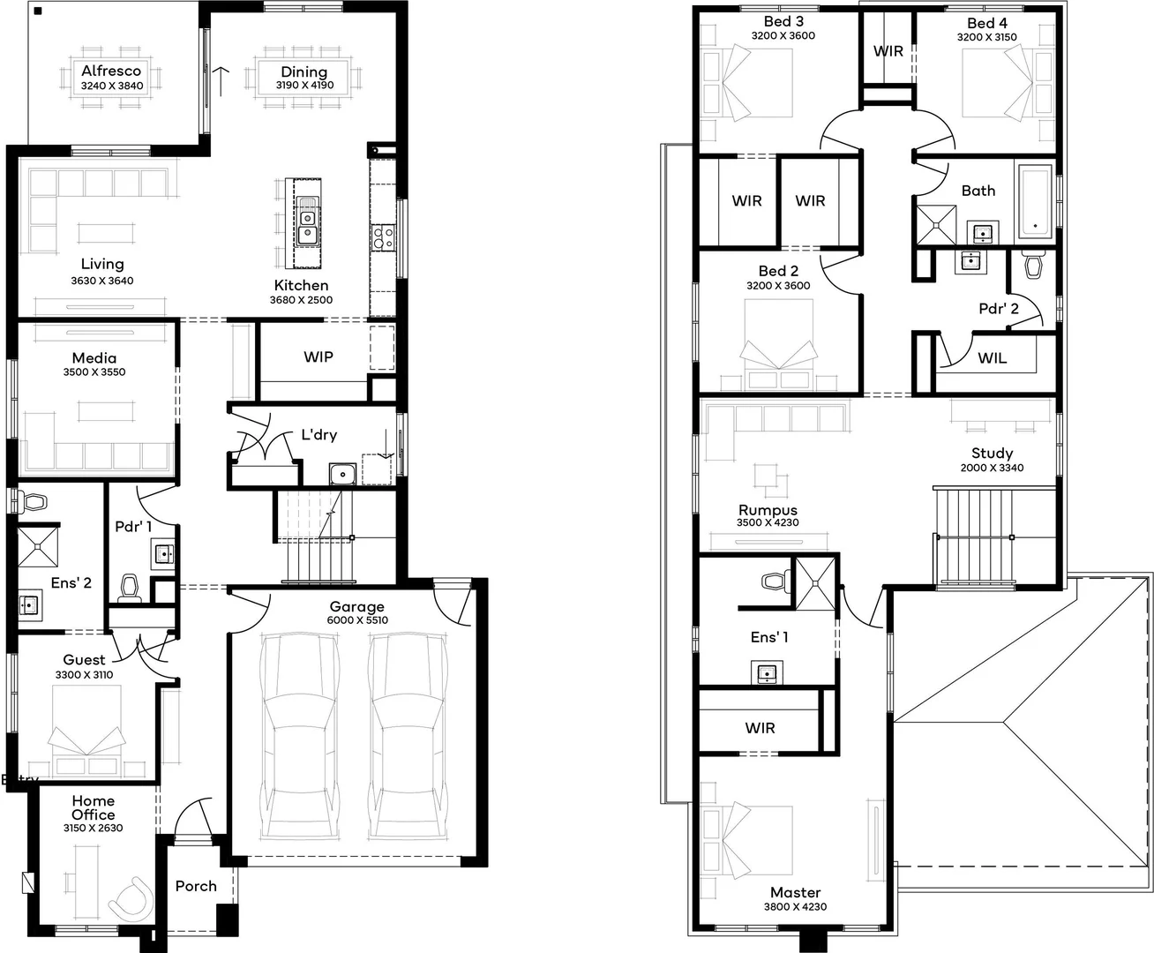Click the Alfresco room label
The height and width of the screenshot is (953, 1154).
pyautogui.click(x=111, y=71)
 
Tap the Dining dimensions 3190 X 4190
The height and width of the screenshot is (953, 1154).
pyautogui.click(x=304, y=85)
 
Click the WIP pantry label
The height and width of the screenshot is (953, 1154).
pyautogui.click(x=318, y=356)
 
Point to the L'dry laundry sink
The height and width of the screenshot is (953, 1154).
pyautogui.click(x=342, y=474)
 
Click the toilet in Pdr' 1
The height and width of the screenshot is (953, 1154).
pyautogui.click(x=130, y=587)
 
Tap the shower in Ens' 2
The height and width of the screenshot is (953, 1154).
pyautogui.click(x=38, y=547)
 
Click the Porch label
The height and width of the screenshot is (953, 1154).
pyautogui.click(x=196, y=886)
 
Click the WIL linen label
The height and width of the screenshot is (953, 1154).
pyautogui.click(x=992, y=358)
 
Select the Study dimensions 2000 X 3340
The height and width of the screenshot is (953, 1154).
pyautogui.click(x=992, y=468)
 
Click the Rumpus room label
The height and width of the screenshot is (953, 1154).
pyautogui.click(x=768, y=510)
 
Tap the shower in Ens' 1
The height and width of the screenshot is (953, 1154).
pyautogui.click(x=815, y=584)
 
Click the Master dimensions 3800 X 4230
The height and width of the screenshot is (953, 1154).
pyautogui.click(x=795, y=907)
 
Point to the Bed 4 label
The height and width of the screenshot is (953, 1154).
pyautogui.click(x=987, y=23)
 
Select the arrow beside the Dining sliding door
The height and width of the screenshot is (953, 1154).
pyautogui.click(x=221, y=81)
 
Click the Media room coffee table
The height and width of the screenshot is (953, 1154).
pyautogui.click(x=106, y=411)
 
